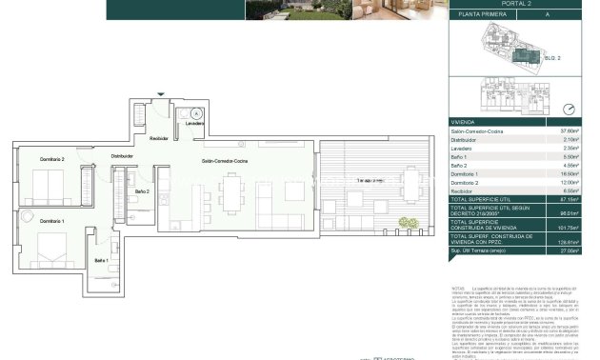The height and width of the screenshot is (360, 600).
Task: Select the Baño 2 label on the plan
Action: (142, 192)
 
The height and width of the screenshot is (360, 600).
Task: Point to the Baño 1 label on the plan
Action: (101, 260)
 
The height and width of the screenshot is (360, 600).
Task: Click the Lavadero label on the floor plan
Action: (194, 124)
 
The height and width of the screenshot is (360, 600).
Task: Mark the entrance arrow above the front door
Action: (160, 93)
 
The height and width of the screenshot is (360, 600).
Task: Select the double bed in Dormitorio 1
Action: (51, 250)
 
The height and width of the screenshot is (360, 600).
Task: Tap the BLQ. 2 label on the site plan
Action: (550, 58)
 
